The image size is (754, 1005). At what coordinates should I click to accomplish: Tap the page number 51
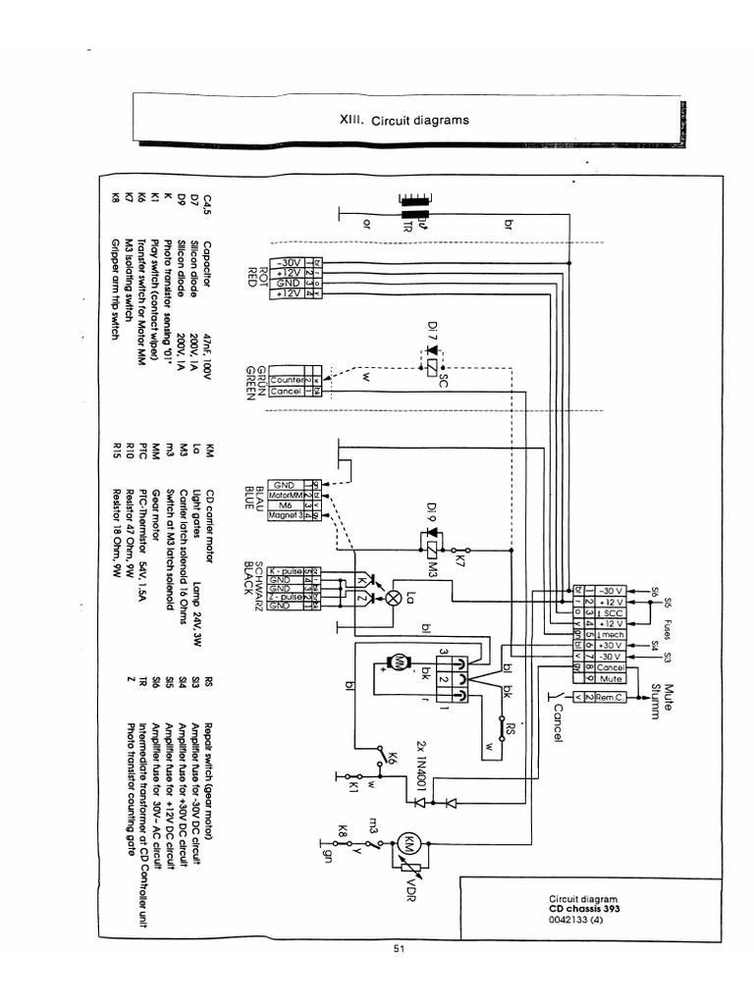[x=399, y=948]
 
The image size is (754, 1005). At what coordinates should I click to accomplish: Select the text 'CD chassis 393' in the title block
[x=584, y=909]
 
